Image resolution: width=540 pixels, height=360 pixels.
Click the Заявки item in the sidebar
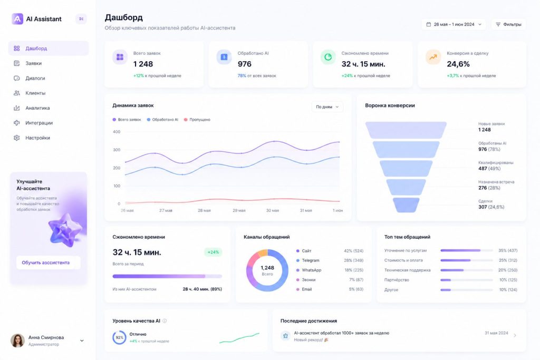click(x=33, y=63)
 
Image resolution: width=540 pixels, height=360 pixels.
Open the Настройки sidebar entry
click(x=37, y=138)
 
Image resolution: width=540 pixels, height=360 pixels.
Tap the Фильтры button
click(x=508, y=24)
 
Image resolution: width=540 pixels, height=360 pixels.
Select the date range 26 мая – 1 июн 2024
click(x=454, y=24)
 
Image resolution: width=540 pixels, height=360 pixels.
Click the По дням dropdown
click(x=327, y=106)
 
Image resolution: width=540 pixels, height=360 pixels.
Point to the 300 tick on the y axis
click(x=117, y=150)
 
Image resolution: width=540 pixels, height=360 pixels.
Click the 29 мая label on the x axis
click(x=239, y=210)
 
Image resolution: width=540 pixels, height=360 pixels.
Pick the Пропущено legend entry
click(x=197, y=120)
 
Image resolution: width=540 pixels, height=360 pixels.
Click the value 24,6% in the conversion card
click(x=458, y=64)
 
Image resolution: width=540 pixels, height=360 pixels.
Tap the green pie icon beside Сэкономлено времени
click(x=328, y=57)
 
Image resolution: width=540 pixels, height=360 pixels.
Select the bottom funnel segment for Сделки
click(x=406, y=205)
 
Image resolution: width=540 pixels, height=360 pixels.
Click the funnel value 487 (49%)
click(x=489, y=168)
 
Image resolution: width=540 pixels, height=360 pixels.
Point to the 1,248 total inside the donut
click(x=267, y=268)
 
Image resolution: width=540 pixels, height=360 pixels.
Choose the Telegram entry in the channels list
click(x=310, y=260)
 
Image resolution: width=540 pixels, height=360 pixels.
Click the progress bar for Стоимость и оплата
click(x=466, y=260)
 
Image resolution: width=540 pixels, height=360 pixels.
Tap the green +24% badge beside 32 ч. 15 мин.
click(x=213, y=252)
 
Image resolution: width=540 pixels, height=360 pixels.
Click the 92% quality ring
click(x=119, y=338)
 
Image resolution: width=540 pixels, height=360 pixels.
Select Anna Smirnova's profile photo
click(x=17, y=340)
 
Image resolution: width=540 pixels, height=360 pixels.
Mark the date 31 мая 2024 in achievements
click(x=496, y=333)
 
